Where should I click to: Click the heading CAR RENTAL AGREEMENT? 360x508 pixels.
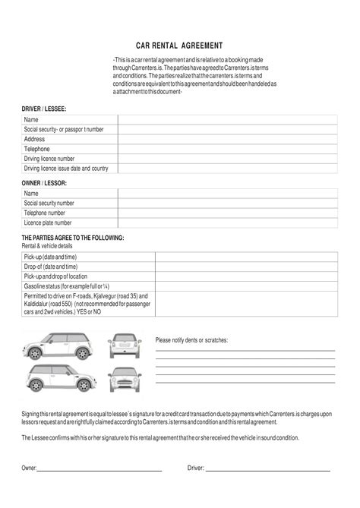179,46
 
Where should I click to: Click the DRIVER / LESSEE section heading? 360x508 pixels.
44,109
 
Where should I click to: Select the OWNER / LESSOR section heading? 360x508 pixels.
44,184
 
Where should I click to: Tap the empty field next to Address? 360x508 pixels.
226,140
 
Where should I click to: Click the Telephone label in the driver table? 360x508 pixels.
37,150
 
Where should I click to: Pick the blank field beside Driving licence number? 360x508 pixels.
226,159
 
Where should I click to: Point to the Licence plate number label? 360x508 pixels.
48,223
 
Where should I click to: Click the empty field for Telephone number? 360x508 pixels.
226,213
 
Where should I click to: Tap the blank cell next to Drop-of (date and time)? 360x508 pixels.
245,267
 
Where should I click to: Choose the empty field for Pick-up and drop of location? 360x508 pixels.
245,277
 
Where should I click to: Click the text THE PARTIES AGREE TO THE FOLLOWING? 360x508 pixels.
73,238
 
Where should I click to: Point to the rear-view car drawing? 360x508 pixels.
125,346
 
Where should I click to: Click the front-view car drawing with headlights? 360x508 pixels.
125,378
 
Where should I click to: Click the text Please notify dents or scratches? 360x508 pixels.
191,340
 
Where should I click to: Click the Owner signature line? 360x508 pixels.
99,470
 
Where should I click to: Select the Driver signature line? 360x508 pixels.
267,470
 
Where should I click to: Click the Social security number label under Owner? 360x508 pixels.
49,204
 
